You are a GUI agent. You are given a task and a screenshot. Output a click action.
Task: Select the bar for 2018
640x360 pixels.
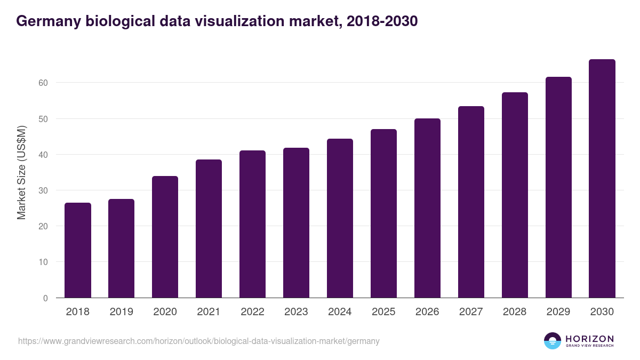[78, 250]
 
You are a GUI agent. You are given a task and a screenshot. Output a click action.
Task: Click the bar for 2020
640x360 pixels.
[165, 237]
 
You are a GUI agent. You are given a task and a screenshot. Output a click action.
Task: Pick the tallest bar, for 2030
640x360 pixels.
[602, 178]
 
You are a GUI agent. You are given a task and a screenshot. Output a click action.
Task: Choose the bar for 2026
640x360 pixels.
[427, 208]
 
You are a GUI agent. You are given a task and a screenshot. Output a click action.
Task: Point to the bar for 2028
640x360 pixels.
[515, 195]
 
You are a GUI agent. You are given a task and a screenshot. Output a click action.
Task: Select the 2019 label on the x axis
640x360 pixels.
[122, 312]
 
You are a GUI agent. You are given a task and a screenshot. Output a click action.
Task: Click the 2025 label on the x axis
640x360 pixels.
[383, 312]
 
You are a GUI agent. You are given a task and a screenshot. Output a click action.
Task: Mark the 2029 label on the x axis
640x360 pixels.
[558, 312]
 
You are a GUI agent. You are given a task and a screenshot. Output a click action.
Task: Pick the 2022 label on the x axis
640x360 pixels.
[252, 312]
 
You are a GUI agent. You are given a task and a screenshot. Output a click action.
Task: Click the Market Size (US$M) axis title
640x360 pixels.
[21, 173]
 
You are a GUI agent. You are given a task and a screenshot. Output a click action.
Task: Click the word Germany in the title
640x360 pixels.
[49, 21]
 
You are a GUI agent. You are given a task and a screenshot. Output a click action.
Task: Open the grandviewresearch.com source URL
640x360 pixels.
[199, 341]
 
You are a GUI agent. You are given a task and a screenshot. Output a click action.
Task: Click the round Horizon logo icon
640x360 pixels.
[553, 341]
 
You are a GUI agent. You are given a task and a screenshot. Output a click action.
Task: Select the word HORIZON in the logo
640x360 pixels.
[589, 339]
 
